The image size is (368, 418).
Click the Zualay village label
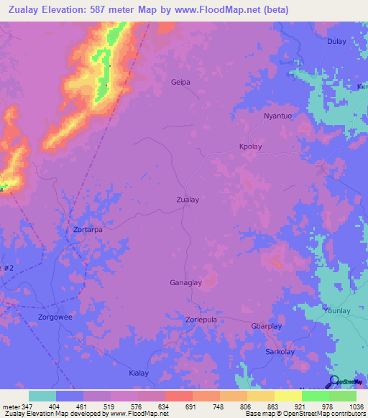point(188,200)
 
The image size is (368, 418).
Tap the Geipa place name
point(180,82)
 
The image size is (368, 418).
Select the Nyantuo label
point(279,116)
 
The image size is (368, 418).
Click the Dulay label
point(337,42)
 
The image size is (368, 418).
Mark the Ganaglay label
point(187,282)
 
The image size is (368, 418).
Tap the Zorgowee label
point(55,316)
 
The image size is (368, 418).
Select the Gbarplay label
point(266,326)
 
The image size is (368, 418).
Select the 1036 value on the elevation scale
point(354,407)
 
